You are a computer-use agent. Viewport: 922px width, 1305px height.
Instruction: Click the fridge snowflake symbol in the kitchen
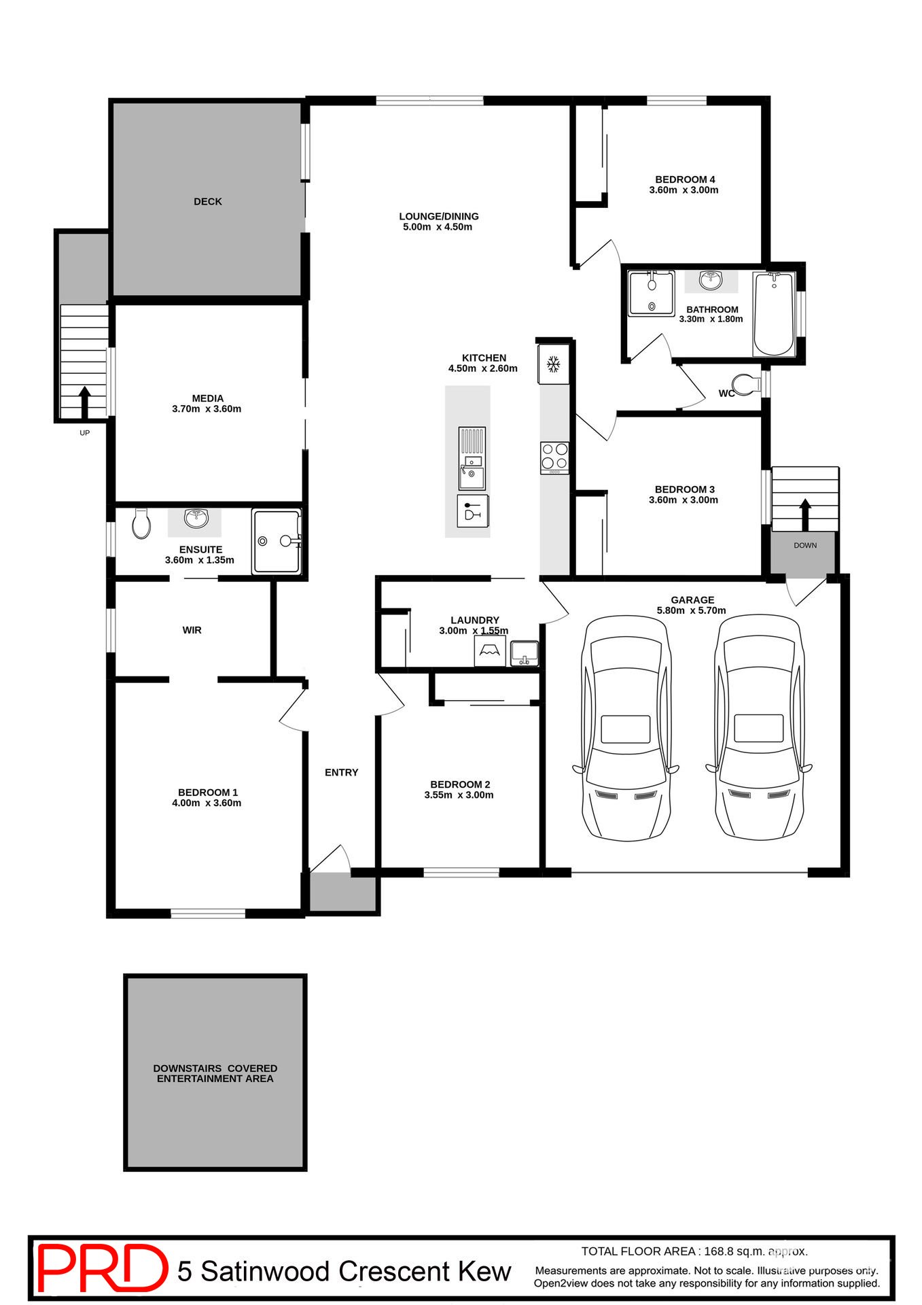pos(554,365)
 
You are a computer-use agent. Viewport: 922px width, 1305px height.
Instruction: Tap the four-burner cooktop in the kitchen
pos(554,457)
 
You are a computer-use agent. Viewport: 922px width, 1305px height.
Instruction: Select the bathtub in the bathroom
pos(774,313)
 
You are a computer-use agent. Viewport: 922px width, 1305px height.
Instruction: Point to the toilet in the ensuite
pos(141,523)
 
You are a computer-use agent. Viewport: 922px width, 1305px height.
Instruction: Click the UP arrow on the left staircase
pos(84,402)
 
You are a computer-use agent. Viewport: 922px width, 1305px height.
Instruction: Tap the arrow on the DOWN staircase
pos(805,515)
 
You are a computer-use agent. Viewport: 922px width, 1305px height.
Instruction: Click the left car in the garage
pos(626,727)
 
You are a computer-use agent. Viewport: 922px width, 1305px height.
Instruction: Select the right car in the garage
pos(759,727)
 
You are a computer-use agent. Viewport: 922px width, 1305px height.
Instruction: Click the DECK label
pos(208,202)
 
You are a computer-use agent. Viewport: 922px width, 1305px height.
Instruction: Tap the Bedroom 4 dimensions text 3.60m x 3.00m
pos(684,190)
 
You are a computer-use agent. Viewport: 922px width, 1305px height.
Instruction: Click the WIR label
pos(192,631)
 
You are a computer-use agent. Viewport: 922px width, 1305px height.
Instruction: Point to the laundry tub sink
pos(524,654)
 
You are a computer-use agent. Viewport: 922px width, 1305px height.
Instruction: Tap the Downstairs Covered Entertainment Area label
pos(215,1073)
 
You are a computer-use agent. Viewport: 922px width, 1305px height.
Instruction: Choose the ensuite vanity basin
pos(196,520)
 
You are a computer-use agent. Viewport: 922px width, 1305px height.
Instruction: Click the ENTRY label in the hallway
pos(341,773)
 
